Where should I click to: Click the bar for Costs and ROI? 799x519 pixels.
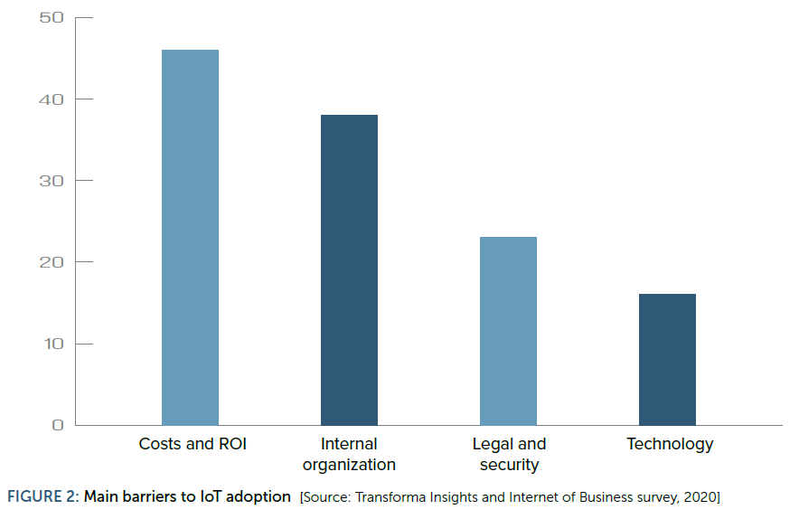click(190, 238)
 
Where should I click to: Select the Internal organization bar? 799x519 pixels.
click(349, 270)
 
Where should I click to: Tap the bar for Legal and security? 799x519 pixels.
click(508, 331)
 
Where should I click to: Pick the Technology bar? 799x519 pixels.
click(667, 360)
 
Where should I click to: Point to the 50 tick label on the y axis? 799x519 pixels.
click(52, 18)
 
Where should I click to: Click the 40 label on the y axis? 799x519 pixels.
click(52, 99)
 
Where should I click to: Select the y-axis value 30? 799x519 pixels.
click(52, 181)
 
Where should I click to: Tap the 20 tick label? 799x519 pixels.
click(52, 262)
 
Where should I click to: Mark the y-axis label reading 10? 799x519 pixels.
click(53, 344)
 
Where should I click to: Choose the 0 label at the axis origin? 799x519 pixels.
click(58, 425)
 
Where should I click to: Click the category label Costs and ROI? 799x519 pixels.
click(193, 444)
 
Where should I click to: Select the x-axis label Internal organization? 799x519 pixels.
click(349, 454)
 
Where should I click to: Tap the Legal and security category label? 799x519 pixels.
click(509, 454)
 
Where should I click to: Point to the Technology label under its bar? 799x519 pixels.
click(670, 445)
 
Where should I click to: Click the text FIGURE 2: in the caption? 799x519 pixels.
click(43, 496)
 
